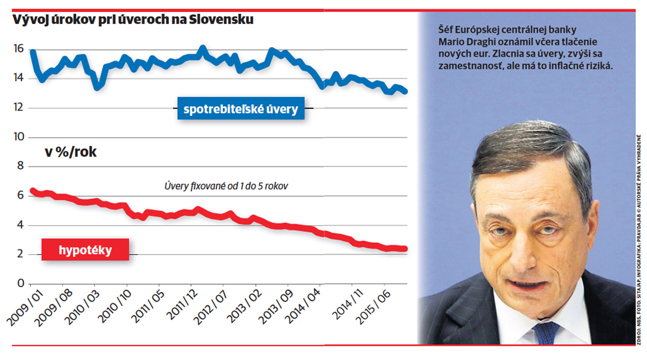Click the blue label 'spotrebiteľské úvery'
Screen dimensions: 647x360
click(x=241, y=108)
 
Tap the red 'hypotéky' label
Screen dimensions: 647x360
click(x=85, y=250)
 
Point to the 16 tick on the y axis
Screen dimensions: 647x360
click(x=19, y=49)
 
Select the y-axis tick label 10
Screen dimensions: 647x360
click(x=19, y=137)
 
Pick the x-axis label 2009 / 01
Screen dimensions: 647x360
click(x=25, y=308)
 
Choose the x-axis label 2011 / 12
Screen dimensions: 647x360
click(x=182, y=305)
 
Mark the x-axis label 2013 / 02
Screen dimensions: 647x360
click(x=245, y=306)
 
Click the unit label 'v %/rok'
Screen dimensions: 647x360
click(x=71, y=152)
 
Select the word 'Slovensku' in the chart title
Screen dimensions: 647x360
click(x=221, y=19)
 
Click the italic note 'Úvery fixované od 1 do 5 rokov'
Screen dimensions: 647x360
click(x=226, y=186)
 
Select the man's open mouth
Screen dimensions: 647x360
click(x=526, y=285)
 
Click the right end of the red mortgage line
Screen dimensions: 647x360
click(x=405, y=249)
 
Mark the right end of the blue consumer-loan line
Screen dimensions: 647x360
click(x=405, y=92)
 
